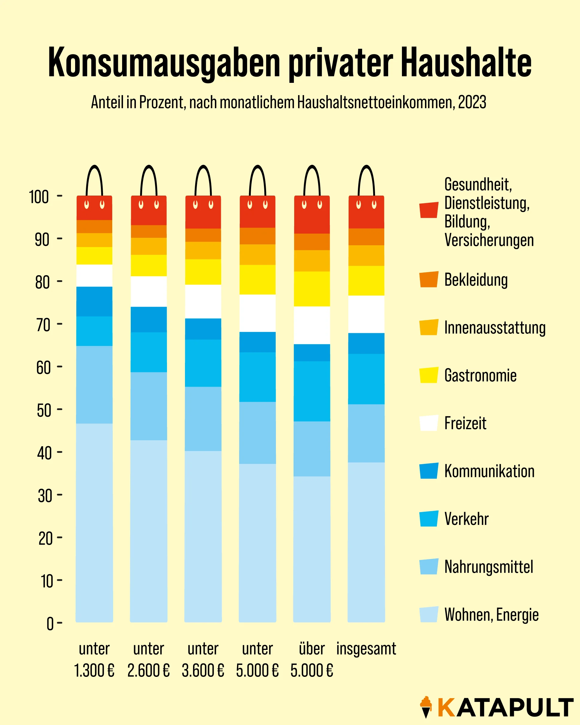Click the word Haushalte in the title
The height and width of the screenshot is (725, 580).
[466, 63]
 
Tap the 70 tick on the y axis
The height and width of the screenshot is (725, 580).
[60, 324]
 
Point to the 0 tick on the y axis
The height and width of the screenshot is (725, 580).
[60, 623]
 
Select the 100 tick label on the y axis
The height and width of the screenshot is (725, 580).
[39, 197]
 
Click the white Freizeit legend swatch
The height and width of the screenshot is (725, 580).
[429, 423]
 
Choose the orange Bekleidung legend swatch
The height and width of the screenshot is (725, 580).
[429, 279]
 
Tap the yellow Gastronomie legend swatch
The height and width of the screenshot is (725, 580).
[429, 375]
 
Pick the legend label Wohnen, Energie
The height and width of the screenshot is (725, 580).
[491, 615]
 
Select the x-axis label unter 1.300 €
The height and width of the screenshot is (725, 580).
[94, 659]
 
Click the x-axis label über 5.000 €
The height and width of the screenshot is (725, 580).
[312, 659]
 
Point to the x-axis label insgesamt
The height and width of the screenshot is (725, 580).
[366, 649]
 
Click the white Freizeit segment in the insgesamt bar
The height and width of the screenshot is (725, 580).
[366, 314]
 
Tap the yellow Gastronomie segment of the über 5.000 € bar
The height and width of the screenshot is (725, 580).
[312, 289]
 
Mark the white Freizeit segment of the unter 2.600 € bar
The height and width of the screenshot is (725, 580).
[149, 292]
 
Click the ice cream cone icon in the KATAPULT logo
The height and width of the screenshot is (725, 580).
[426, 707]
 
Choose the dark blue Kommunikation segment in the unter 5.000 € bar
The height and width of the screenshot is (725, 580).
[257, 342]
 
